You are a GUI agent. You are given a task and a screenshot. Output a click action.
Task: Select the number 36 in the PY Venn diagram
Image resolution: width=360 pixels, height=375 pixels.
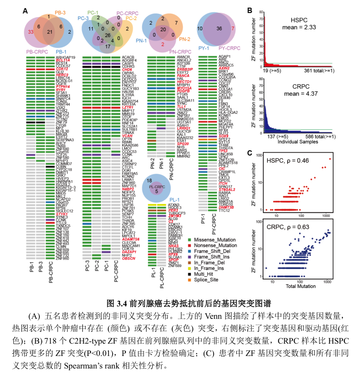pos(218,29)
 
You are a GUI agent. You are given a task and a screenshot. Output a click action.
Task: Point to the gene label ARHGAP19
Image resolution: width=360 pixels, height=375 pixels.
pos(66,57)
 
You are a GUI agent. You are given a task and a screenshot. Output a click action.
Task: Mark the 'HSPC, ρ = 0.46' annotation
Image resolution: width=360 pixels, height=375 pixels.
pos(291,161)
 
